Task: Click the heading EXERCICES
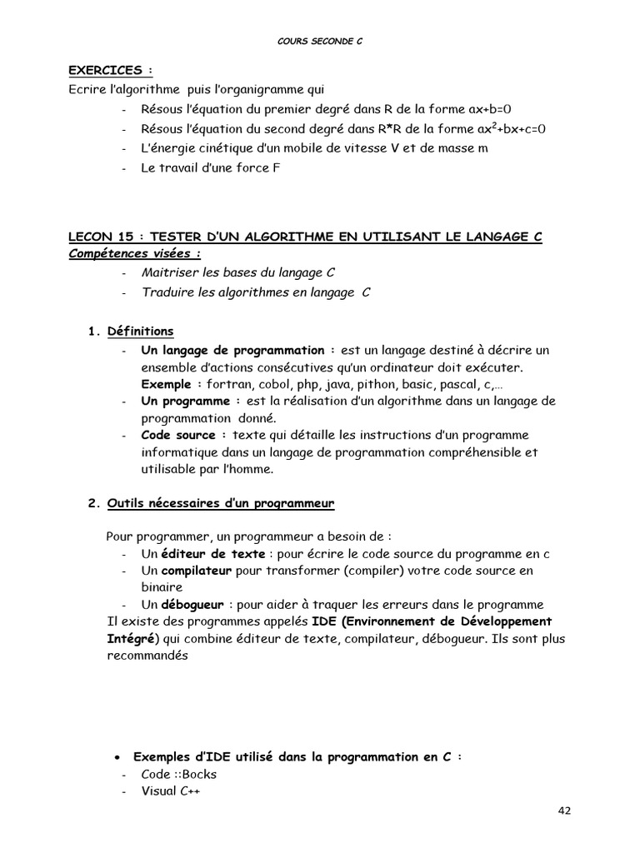pyautogui.click(x=111, y=72)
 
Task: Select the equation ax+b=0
pyautogui.click(x=480, y=109)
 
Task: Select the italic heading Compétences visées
pyautogui.click(x=134, y=253)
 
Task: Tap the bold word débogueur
pyautogui.click(x=191, y=605)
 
